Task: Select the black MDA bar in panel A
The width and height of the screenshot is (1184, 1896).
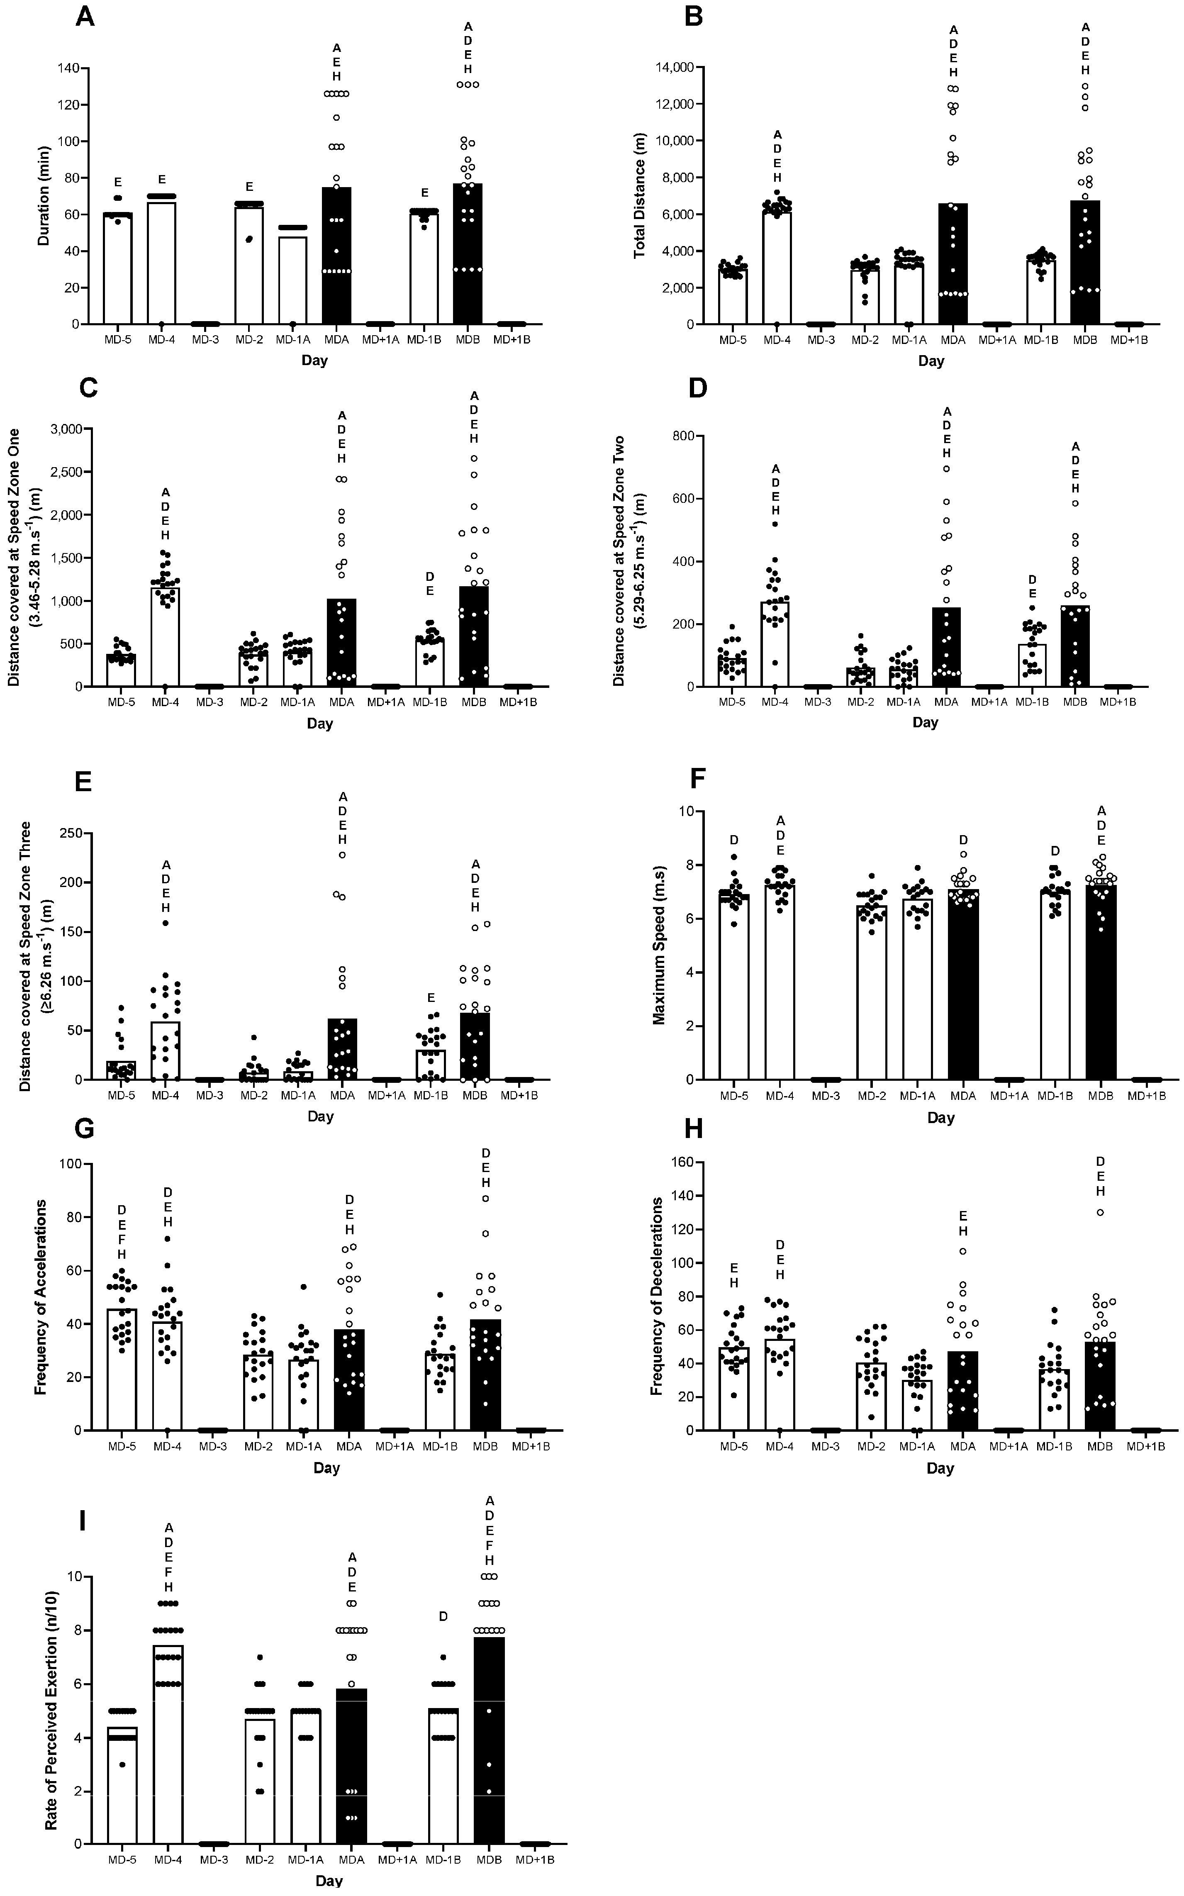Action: tap(337, 258)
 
